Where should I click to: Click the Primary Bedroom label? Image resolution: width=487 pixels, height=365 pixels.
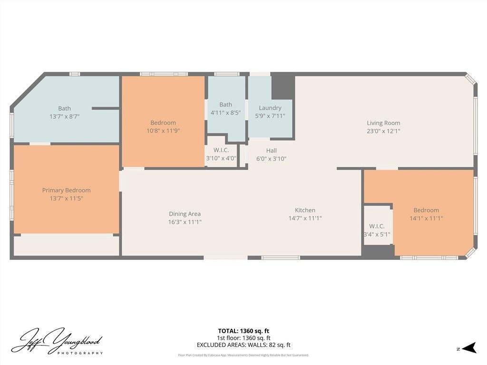[66, 190]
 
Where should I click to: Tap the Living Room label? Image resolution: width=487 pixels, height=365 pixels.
[383, 123]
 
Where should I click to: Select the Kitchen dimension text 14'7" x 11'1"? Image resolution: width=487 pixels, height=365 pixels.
[305, 219]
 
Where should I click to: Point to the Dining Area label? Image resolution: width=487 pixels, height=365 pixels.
[185, 214]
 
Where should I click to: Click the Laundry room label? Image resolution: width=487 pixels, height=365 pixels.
[270, 108]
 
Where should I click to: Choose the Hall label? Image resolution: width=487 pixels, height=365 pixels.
[271, 151]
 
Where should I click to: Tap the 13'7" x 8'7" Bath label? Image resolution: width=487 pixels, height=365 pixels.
[64, 108]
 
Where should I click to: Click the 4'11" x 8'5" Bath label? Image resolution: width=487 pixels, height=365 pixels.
[225, 105]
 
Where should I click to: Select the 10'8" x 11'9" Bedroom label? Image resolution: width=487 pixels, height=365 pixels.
[163, 123]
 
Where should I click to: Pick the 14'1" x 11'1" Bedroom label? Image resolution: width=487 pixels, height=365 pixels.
[426, 210]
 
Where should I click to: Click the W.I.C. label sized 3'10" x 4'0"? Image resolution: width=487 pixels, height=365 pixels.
[221, 150]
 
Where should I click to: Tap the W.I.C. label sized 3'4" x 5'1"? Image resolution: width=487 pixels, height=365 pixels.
[377, 226]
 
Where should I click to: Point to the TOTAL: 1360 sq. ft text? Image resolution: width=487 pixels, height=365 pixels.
[243, 331]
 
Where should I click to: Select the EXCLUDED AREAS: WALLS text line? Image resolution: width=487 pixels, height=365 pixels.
[243, 345]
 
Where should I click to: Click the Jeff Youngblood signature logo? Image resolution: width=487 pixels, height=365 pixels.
[57, 341]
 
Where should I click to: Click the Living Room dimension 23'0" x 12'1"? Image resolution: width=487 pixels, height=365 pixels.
[383, 131]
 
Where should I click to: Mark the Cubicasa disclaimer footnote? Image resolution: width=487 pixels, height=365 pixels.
[243, 355]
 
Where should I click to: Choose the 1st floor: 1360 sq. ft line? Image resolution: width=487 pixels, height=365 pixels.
[243, 338]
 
